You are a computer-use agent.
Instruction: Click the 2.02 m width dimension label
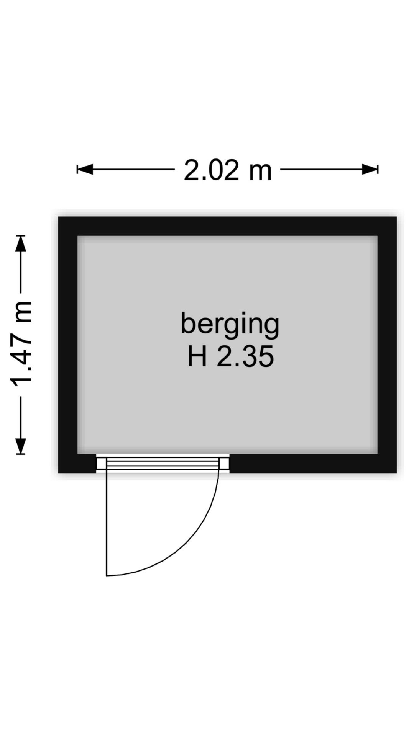pos(228,170)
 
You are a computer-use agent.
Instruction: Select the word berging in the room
pos(230,325)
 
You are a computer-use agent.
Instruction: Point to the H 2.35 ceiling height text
pos(230,356)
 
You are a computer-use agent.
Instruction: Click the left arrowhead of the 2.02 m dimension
pos(85,169)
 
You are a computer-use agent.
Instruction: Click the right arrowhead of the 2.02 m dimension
pos(370,169)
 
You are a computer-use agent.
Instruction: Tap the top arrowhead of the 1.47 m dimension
pos(21,243)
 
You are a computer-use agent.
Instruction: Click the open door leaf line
pos(107,522)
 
